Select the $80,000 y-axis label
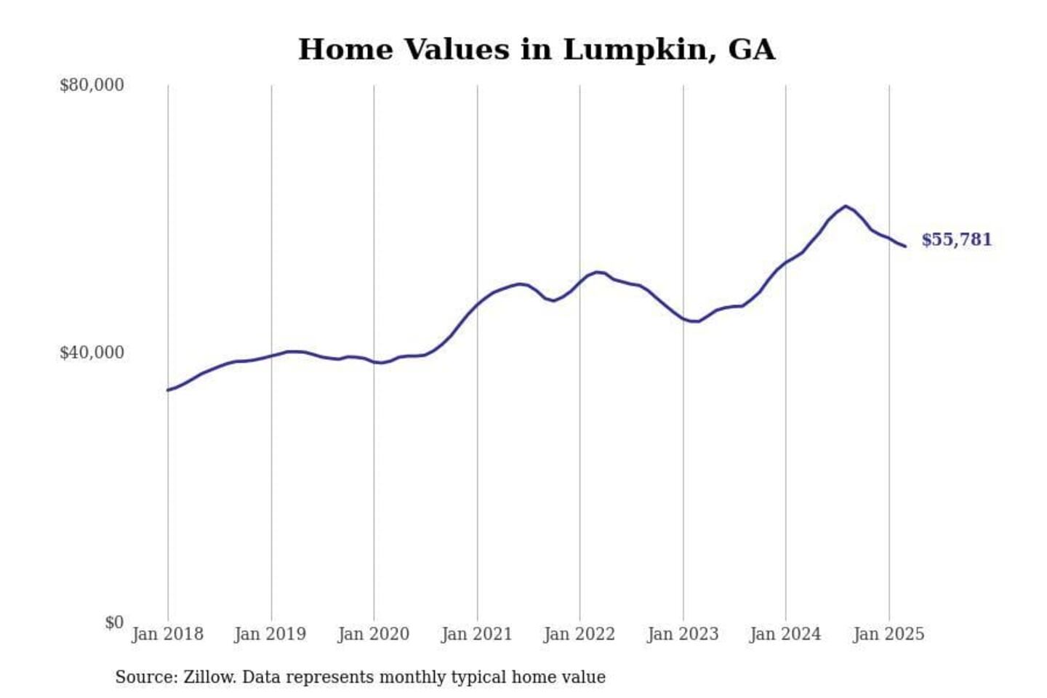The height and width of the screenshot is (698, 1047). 92,85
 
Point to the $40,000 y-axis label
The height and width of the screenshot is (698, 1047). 92,353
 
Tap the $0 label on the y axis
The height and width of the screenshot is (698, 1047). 114,622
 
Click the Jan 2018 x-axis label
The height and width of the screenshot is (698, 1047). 167,634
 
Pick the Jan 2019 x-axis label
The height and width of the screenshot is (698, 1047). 270,634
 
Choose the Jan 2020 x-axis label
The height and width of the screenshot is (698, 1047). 373,634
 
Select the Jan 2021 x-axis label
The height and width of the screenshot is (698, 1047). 476,634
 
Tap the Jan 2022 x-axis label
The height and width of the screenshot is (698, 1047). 579,634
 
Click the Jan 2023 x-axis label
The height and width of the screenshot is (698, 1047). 682,634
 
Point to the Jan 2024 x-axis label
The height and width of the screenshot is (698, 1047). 785,634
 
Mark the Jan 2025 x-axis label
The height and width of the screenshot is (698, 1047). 888,634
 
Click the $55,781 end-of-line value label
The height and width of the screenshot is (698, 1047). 956,240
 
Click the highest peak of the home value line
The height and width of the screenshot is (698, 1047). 845,206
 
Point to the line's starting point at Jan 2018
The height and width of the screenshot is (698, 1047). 168,390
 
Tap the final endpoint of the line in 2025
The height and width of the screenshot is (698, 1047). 905,246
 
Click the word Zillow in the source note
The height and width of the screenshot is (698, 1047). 209,677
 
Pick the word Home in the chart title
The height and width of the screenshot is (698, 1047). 345,50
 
